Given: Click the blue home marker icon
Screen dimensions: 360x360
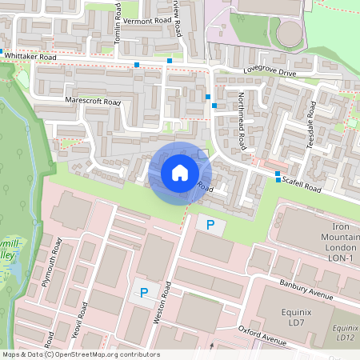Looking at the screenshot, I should click(x=179, y=173).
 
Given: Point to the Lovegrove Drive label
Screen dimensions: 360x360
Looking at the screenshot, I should click(x=270, y=73).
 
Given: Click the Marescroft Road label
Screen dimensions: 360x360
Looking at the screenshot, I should click(x=93, y=102).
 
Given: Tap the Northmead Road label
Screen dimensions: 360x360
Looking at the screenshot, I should click(x=242, y=124).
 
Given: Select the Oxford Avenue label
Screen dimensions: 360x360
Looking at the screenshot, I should click(x=262, y=335).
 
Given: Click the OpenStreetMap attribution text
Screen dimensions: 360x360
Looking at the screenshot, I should click(x=80, y=354).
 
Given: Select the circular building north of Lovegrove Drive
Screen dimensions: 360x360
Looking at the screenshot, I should click(x=289, y=33).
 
